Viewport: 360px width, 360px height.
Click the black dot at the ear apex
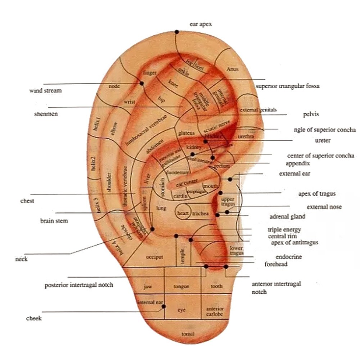pos(177,32)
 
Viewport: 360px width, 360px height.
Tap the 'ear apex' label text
pos(201,24)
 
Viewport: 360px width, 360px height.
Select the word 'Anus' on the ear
pos(232,69)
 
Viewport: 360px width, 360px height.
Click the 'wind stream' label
pos(45,90)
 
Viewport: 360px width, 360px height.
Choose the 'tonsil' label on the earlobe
pos(188,334)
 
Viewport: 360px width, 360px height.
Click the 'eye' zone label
pos(182,310)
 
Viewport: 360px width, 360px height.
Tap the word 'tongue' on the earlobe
pos(181,287)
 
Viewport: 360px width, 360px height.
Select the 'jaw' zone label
pos(148,287)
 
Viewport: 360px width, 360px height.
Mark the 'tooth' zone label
pos(216,286)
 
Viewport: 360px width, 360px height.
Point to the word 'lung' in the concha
pos(160,208)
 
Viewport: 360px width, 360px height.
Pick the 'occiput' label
pos(154,257)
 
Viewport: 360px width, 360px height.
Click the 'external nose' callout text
pos(324,207)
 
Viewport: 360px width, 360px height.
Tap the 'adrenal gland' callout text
pos(287,216)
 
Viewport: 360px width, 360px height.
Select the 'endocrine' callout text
pos(288,257)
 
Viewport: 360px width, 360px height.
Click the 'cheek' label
pos(34,318)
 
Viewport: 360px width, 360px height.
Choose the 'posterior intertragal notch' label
pos(79,285)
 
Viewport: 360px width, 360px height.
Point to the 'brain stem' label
pos(54,221)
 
